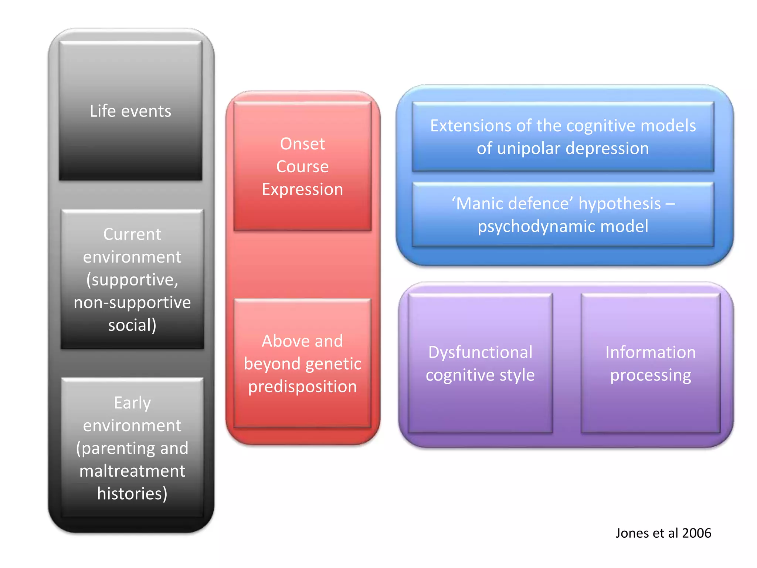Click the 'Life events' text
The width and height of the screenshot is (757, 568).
[x=130, y=111]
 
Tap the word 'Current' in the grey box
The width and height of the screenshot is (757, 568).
[x=132, y=234]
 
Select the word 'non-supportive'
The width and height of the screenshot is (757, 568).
[x=132, y=302]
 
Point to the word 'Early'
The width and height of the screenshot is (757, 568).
[x=132, y=403]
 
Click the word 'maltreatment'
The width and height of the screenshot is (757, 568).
[x=132, y=471]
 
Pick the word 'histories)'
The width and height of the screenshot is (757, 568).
[x=132, y=494]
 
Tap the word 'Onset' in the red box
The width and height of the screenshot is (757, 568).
[x=302, y=144]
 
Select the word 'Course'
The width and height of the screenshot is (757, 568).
[x=302, y=167]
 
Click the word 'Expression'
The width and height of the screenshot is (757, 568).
[x=302, y=189]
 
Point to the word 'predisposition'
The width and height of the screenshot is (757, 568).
[x=302, y=387]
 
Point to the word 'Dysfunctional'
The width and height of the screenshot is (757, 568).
[x=480, y=352]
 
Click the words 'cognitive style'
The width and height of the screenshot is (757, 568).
[x=480, y=375]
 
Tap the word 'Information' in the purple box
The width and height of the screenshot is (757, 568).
[x=650, y=352]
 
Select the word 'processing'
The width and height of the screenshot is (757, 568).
[x=650, y=375]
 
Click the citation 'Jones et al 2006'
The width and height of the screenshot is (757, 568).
[x=663, y=533]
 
